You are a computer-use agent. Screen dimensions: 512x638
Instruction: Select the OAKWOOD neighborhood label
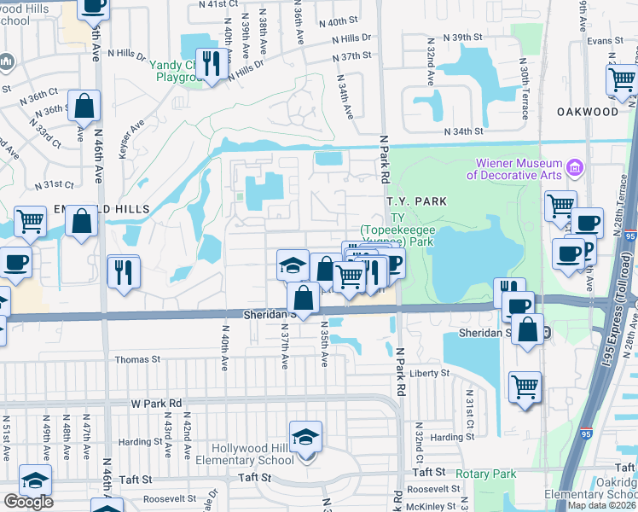pyautogui.click(x=588, y=112)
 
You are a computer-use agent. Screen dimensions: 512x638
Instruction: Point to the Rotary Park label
pyautogui.click(x=486, y=474)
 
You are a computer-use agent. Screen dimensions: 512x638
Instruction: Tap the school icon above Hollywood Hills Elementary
pyautogui.click(x=305, y=437)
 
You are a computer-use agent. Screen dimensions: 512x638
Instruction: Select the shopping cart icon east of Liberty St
pyautogui.click(x=525, y=386)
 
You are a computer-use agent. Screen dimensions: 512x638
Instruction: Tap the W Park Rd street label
pyautogui.click(x=157, y=403)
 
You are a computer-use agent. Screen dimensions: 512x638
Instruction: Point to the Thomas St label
pyautogui.click(x=137, y=360)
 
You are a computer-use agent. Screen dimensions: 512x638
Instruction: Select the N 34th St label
pyautogui.click(x=464, y=132)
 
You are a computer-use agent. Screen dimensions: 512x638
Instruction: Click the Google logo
pyautogui.click(x=28, y=502)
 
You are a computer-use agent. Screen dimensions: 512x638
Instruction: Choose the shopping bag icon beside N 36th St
pyautogui.click(x=84, y=108)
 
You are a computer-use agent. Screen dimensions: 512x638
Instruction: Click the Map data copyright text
pyautogui.click(x=602, y=505)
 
